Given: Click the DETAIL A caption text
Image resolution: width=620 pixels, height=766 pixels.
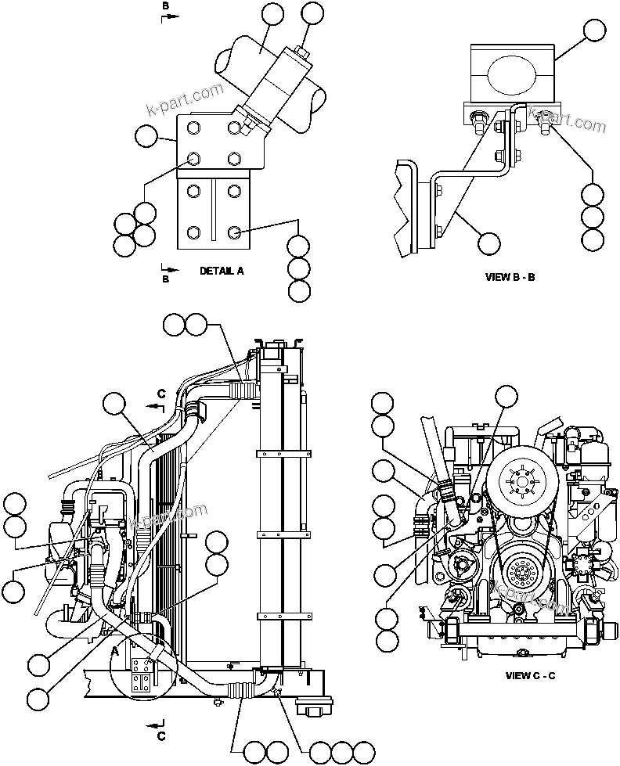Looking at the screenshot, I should (222, 271).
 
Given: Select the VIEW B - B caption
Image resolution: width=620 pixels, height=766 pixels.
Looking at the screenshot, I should (510, 277).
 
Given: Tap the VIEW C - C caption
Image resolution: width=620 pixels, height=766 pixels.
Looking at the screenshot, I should (530, 675).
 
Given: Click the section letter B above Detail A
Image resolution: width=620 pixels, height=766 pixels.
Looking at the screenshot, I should (165, 6).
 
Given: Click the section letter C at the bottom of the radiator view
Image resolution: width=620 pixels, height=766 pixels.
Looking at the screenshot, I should (161, 735).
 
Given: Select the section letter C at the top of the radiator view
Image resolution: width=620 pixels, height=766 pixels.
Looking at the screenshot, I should (161, 394).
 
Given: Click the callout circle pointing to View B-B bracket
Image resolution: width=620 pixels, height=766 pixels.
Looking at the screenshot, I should (489, 243).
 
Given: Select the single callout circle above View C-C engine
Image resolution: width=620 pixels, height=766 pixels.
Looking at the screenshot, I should (506, 396).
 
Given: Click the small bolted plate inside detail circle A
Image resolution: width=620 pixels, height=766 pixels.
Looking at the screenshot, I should (142, 674).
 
